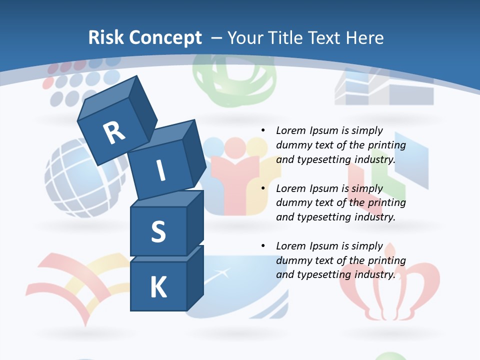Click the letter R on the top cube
coord(113,133)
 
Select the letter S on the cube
coord(158,231)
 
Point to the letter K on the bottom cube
coord(158,287)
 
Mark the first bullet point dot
coord(263,130)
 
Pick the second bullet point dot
coord(263,188)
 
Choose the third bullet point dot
coord(263,246)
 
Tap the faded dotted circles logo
coord(75,82)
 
